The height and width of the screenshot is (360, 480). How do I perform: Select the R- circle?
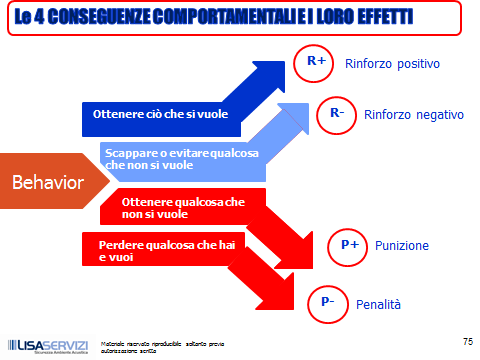[x=337, y=113]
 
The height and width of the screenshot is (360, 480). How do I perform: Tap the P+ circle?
[x=349, y=245]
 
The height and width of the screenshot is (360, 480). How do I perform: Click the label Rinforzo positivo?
[x=392, y=64]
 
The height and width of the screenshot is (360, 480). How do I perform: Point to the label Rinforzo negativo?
[x=414, y=114]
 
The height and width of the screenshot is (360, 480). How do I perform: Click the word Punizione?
[x=402, y=246]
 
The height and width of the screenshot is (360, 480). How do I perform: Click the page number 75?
[x=467, y=341]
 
